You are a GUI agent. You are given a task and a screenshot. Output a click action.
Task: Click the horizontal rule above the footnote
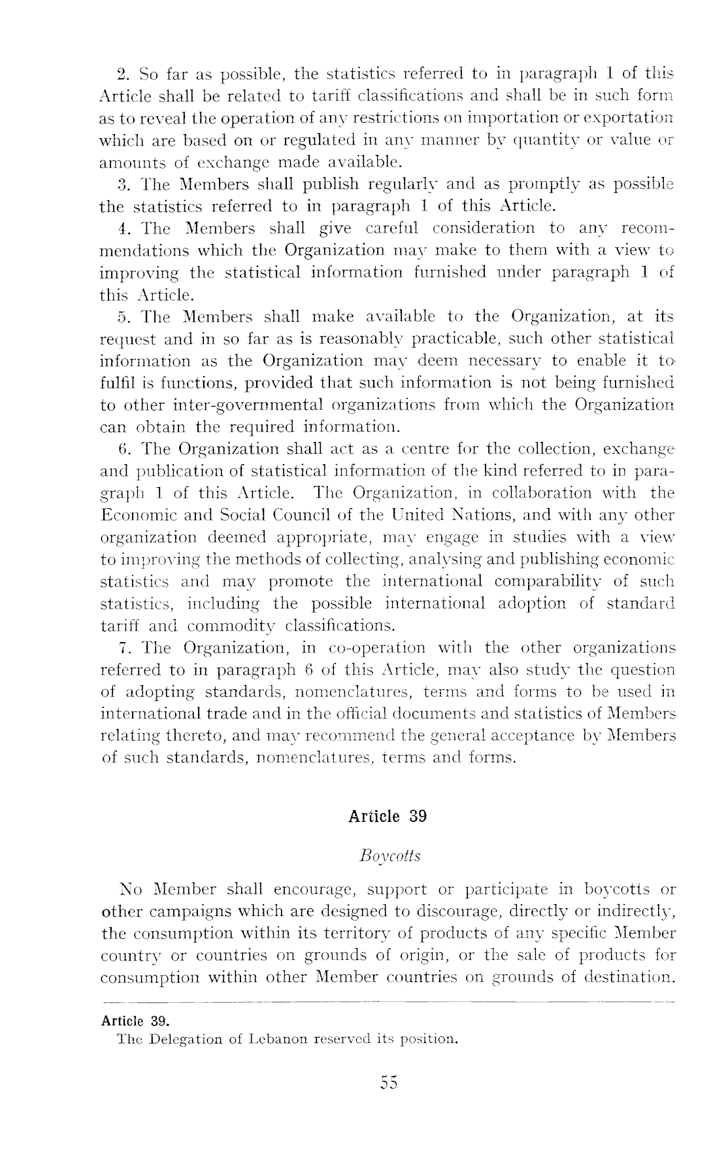[x=388, y=1002]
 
